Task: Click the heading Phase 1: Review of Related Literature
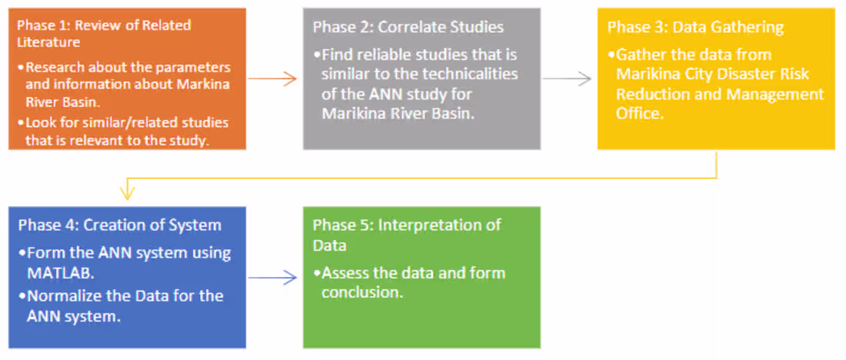coord(104,32)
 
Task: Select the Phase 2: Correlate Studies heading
coord(408,27)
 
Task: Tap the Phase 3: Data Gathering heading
coord(695,27)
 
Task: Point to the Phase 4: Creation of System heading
coord(120,225)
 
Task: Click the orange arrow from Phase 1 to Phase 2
coord(273,78)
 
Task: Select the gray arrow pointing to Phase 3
coord(567,78)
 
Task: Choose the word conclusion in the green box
coord(361,293)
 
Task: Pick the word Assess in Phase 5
coord(344,273)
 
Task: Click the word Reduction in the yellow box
coord(651,94)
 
